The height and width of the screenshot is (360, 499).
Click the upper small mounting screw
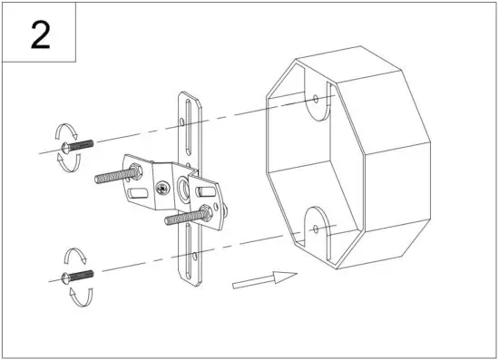[x=76, y=144]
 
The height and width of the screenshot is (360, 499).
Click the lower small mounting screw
[x=76, y=275]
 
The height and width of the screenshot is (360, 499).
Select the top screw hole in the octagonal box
[x=315, y=97]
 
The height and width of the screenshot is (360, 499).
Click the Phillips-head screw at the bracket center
[x=162, y=190]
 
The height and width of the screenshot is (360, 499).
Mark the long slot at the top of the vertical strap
[x=187, y=117]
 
